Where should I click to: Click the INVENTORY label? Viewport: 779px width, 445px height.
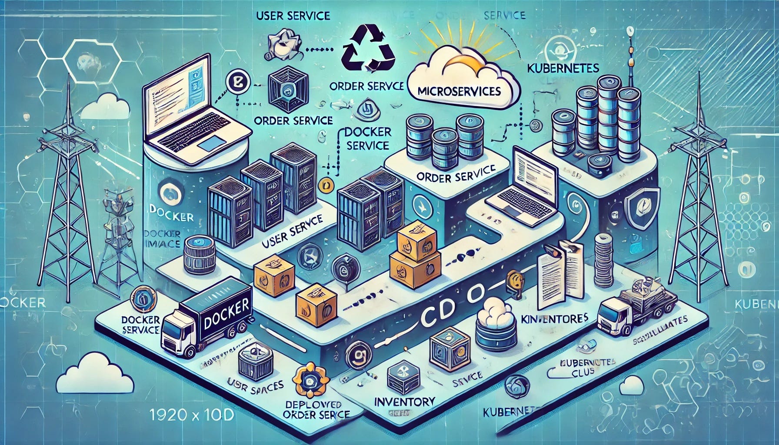(x=405, y=401)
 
